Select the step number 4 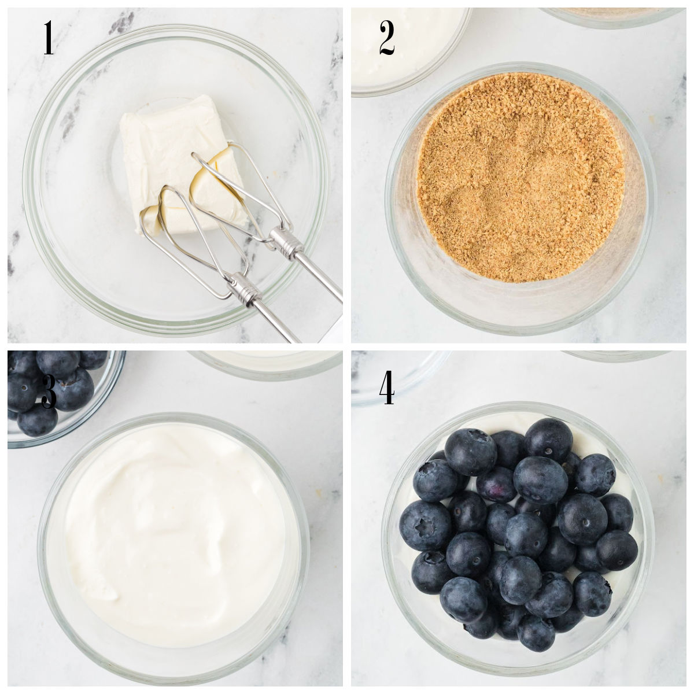387,388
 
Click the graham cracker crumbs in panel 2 520,173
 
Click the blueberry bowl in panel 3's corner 58,393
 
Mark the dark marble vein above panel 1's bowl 121,23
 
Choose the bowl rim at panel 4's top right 613,356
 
